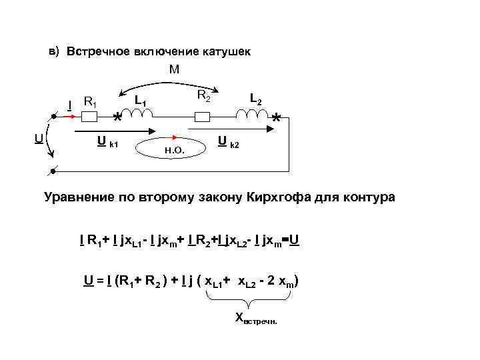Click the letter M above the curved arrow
(x=175, y=69)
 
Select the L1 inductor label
(x=141, y=101)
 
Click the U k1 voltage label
(x=107, y=142)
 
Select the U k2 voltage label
(x=228, y=142)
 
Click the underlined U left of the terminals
(x=39, y=138)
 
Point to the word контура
(x=365, y=198)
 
